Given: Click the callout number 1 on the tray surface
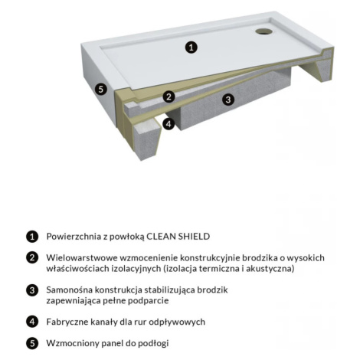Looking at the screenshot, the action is (191, 47).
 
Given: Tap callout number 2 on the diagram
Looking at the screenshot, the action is (169, 97).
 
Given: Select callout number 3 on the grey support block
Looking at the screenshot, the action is (228, 100).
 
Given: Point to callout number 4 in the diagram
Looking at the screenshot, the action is (169, 124).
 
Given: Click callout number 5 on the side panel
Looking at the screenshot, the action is (101, 90).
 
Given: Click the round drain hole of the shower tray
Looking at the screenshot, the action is (264, 31).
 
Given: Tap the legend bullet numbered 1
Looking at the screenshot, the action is (32, 237).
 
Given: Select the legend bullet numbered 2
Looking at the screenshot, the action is (32, 257).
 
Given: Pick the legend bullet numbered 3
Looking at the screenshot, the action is (32, 290).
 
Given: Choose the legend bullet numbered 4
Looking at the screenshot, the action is (32, 322).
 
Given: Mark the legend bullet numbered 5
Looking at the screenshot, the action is (32, 343).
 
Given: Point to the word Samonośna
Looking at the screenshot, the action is (69, 290).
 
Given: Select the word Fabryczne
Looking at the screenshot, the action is (67, 322).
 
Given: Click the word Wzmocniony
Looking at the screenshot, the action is (73, 343).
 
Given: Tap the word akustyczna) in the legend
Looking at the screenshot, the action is (270, 269).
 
